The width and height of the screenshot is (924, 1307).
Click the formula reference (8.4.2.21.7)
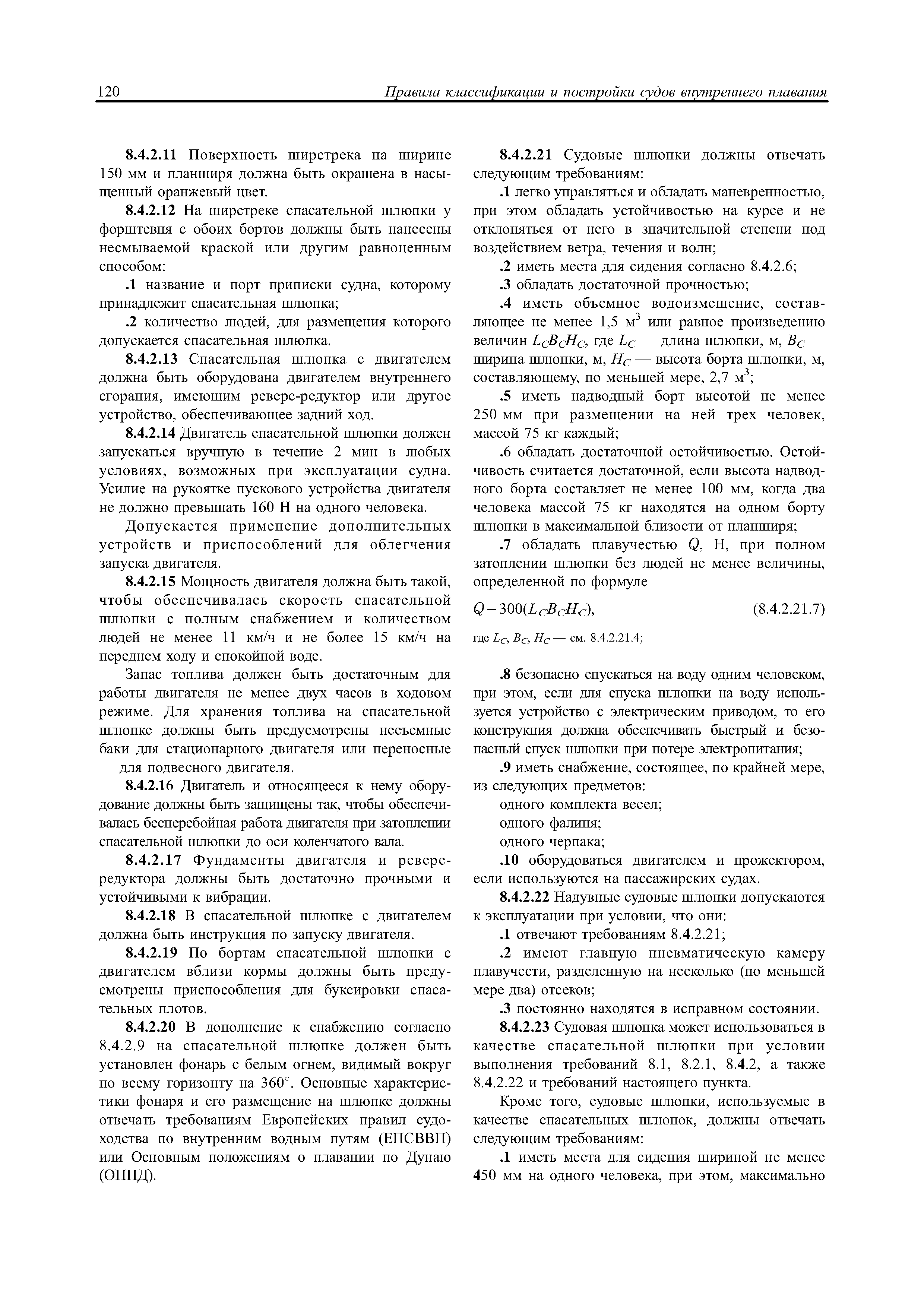pyautogui.click(x=788, y=609)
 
